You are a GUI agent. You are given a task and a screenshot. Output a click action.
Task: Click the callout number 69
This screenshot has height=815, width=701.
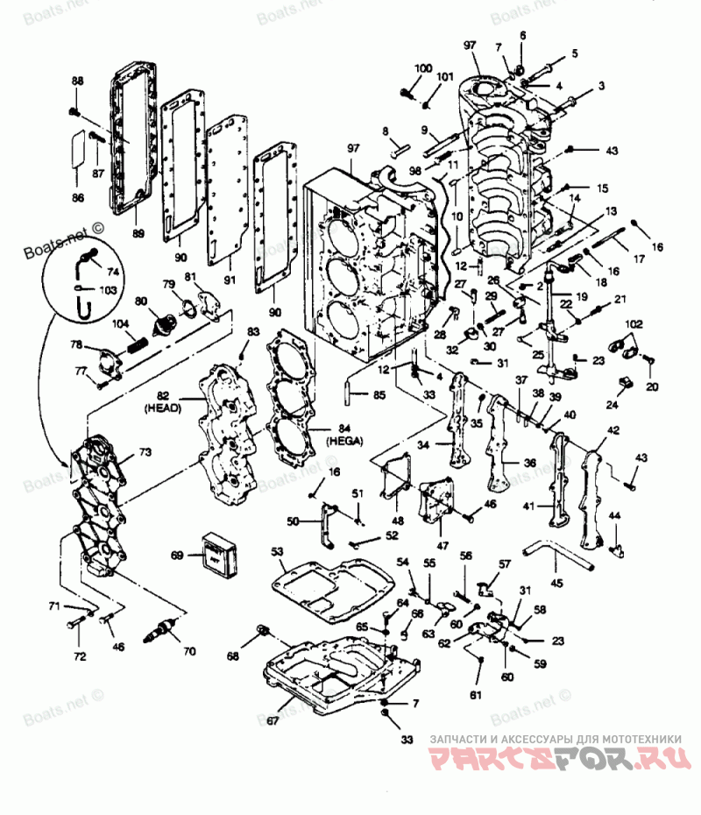tap(176, 555)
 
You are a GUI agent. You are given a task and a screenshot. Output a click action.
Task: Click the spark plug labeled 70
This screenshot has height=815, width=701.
tap(164, 627)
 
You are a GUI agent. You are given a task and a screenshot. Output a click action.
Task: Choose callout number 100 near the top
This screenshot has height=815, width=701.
tap(423, 68)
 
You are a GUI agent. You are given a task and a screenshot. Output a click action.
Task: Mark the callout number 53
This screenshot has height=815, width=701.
tap(278, 552)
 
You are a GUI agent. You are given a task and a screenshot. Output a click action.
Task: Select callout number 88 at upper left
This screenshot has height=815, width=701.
tap(77, 81)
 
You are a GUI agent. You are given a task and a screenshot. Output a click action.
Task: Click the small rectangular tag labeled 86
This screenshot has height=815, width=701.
tap(78, 146)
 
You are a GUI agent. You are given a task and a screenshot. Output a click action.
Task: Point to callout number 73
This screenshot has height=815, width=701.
tap(145, 451)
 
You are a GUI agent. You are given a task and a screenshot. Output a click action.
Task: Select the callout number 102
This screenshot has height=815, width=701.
tap(634, 322)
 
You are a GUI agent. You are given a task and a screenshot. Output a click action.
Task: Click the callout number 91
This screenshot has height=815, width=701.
tap(230, 280)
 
